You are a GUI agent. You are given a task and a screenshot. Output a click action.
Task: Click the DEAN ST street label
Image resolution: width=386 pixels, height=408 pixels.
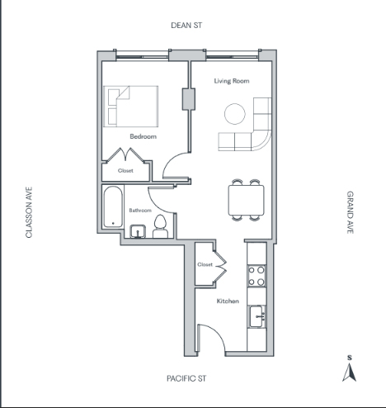tap(186, 26)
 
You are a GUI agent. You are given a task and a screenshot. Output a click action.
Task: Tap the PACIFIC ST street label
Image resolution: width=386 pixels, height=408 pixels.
tap(186, 378)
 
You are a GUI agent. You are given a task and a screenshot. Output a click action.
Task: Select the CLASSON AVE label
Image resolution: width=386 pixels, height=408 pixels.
tap(29, 212)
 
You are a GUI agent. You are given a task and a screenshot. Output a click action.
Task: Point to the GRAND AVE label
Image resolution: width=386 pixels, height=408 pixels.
tap(350, 212)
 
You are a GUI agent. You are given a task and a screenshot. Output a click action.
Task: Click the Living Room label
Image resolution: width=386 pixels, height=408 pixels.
tap(232, 81)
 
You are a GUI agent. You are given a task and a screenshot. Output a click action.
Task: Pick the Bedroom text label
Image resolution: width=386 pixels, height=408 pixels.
tap(144, 136)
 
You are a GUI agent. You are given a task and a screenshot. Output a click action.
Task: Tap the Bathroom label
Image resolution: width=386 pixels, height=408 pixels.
tap(140, 211)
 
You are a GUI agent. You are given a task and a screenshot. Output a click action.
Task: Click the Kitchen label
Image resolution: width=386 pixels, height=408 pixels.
tap(228, 301)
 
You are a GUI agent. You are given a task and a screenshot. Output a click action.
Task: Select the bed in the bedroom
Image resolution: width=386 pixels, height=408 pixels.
tap(130, 107)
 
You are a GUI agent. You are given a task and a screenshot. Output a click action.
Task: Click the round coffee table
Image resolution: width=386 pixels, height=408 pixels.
tap(235, 114)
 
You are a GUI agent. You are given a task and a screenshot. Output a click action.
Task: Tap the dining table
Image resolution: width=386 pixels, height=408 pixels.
tap(247, 200)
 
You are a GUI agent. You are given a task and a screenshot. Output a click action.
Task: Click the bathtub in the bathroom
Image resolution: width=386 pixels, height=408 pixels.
tap(113, 206)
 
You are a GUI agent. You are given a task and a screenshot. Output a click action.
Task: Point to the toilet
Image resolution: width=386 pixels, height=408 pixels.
tap(160, 226)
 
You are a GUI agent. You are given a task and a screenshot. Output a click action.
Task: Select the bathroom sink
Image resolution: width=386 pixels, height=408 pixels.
tap(138, 231)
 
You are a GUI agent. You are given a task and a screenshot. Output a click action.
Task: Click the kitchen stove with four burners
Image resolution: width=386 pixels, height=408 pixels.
tap(257, 276)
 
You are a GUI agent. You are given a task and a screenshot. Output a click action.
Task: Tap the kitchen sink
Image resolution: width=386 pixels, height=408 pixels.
tap(257, 316)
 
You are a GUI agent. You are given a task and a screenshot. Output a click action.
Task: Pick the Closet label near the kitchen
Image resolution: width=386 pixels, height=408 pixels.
tap(205, 264)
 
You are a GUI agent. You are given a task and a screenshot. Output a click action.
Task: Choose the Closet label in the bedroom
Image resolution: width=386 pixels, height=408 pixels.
tap(125, 171)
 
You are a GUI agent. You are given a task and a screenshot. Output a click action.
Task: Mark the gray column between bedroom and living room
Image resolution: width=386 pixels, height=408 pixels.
tap(189, 99)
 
